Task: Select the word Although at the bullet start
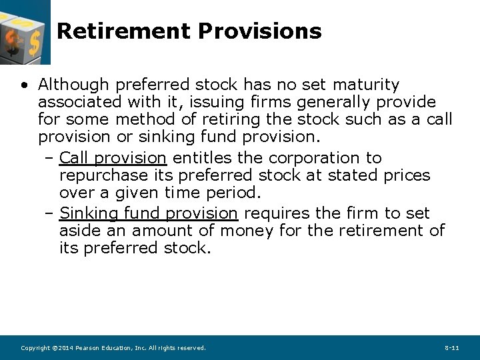(73, 85)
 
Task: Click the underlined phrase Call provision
(113, 158)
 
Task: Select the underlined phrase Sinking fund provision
(148, 213)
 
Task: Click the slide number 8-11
(451, 348)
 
